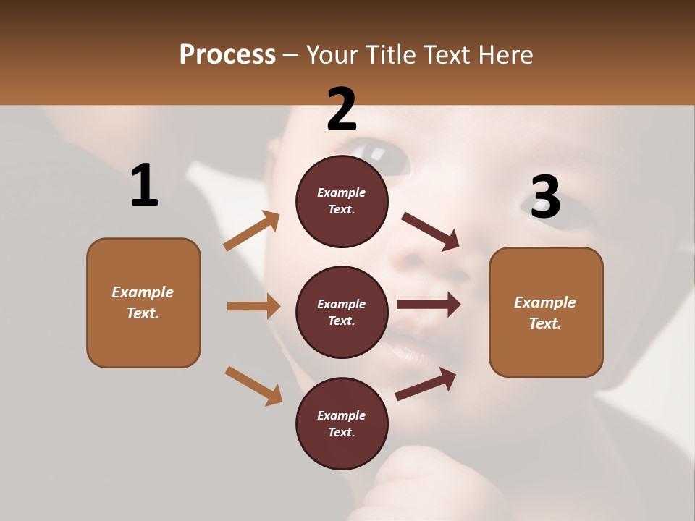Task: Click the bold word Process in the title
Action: click(227, 55)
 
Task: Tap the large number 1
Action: click(144, 185)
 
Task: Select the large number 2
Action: click(342, 109)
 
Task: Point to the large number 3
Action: click(545, 197)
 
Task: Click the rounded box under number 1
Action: click(143, 302)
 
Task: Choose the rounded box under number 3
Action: click(546, 312)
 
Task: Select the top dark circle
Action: click(342, 201)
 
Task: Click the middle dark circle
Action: click(342, 312)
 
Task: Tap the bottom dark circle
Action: click(342, 423)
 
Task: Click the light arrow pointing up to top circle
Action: click(251, 231)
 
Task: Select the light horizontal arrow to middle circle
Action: click(253, 306)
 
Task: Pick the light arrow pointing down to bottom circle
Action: click(253, 385)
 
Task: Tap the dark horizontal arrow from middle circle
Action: click(429, 305)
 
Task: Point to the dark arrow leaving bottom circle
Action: click(426, 384)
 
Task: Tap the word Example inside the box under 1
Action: click(143, 292)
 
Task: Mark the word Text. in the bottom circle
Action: click(342, 432)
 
